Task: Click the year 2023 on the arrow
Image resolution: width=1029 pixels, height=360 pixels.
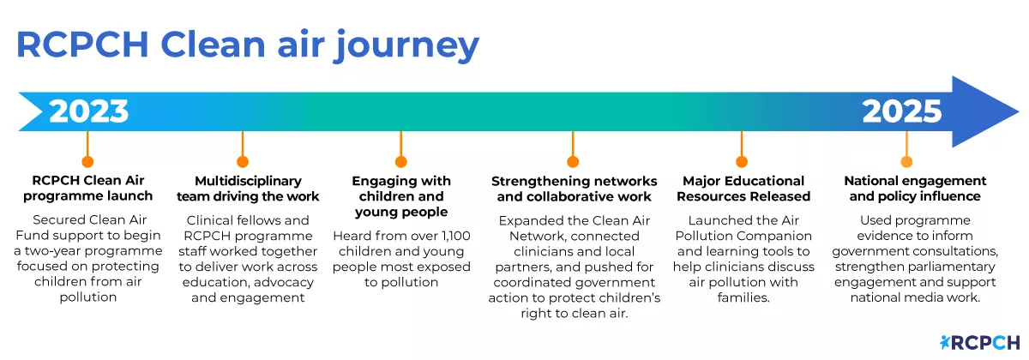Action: tap(89, 111)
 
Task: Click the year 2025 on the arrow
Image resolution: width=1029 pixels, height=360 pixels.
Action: tap(901, 111)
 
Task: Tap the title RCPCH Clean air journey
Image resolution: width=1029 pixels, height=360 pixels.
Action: tap(247, 45)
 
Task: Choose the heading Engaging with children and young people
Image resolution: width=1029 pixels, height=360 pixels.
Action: tap(400, 196)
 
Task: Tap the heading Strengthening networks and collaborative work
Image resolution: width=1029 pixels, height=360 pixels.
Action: tap(574, 189)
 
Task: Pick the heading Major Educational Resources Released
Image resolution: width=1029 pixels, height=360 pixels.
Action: tap(743, 189)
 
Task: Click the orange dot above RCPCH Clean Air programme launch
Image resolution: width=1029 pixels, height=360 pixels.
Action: tap(86, 161)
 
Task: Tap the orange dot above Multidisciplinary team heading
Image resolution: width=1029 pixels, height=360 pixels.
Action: tap(243, 161)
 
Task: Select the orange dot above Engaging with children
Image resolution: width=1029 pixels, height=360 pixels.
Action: tap(400, 161)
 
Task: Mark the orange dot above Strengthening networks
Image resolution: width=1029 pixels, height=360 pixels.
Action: tap(573, 161)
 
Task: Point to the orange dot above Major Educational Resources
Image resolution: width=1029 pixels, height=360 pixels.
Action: tap(742, 161)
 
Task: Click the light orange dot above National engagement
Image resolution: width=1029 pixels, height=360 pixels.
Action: tap(906, 161)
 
